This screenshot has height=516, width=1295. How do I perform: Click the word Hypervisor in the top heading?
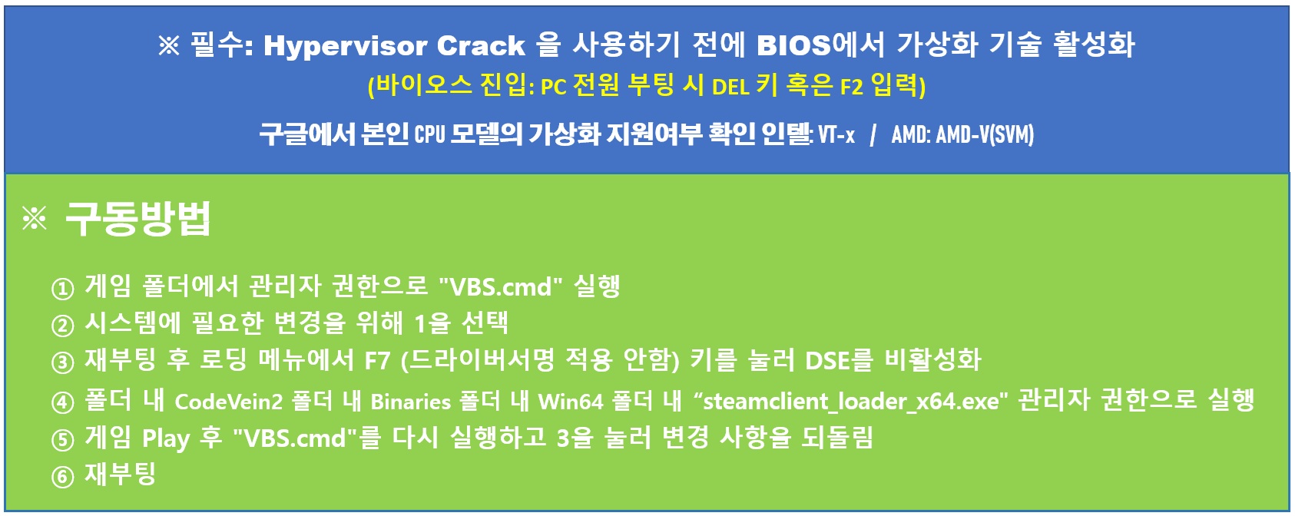point(345,46)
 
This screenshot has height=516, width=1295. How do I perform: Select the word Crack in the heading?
point(481,45)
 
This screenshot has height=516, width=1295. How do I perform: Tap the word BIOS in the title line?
point(793,45)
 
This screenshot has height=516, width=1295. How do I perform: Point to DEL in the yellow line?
point(730,88)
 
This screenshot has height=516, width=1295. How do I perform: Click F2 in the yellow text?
point(851,88)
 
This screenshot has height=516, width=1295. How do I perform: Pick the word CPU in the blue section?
point(429,134)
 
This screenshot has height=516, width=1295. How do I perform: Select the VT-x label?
point(836,134)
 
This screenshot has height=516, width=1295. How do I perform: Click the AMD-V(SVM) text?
point(985,134)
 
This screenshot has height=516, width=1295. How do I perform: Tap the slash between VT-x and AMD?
point(873,135)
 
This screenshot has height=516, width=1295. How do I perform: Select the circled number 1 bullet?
point(62,289)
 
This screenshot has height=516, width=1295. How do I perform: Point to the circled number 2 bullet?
point(62,326)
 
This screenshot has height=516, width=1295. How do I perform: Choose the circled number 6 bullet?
point(62,477)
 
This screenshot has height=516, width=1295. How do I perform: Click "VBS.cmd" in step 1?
point(501,286)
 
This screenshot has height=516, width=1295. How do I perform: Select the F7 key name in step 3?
point(377,361)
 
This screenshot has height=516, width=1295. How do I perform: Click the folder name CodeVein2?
point(229,402)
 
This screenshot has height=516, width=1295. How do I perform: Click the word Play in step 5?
point(166,438)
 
